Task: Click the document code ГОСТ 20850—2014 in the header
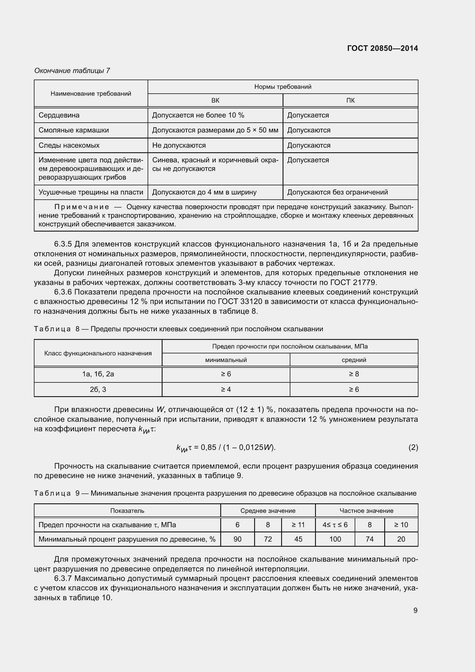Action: (382, 48)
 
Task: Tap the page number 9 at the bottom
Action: (415, 610)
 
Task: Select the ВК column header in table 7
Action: (215, 100)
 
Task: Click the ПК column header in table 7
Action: (350, 100)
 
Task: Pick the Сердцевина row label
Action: (59, 115)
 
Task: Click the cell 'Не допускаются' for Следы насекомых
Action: (179, 145)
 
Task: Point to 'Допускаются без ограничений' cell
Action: (337, 192)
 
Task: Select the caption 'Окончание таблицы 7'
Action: (72, 71)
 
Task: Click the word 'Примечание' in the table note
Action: (82, 207)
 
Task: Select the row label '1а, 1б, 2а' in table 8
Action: (98, 374)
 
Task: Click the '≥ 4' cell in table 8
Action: (226, 389)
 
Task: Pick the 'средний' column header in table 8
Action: (354, 360)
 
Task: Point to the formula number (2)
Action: (413, 447)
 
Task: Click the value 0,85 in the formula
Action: (208, 447)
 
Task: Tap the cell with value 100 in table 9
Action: (335, 539)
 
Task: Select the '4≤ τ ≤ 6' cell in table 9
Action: (335, 525)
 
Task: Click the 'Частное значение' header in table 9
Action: (366, 511)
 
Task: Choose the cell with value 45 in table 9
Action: (298, 539)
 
